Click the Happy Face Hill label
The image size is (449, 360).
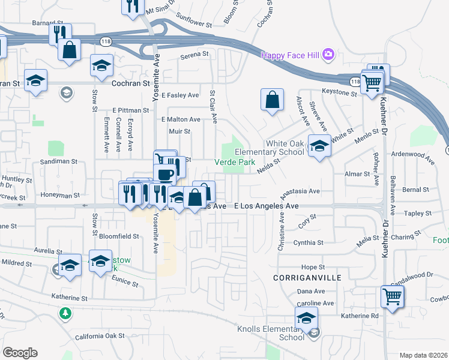click(x=290, y=55)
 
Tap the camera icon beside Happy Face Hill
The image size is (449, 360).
click(x=328, y=55)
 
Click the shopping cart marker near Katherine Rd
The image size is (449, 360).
click(x=391, y=296)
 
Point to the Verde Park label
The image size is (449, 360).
click(x=235, y=162)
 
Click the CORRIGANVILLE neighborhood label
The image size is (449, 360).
click(x=298, y=278)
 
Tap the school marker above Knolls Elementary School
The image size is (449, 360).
click(x=306, y=318)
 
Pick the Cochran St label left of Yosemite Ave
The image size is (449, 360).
click(x=131, y=83)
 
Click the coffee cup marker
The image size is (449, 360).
click(x=164, y=173)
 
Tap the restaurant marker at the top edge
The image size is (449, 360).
click(x=133, y=5)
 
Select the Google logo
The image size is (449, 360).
click(x=20, y=352)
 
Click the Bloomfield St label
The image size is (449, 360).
click(x=119, y=236)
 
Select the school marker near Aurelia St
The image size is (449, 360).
click(x=70, y=265)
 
